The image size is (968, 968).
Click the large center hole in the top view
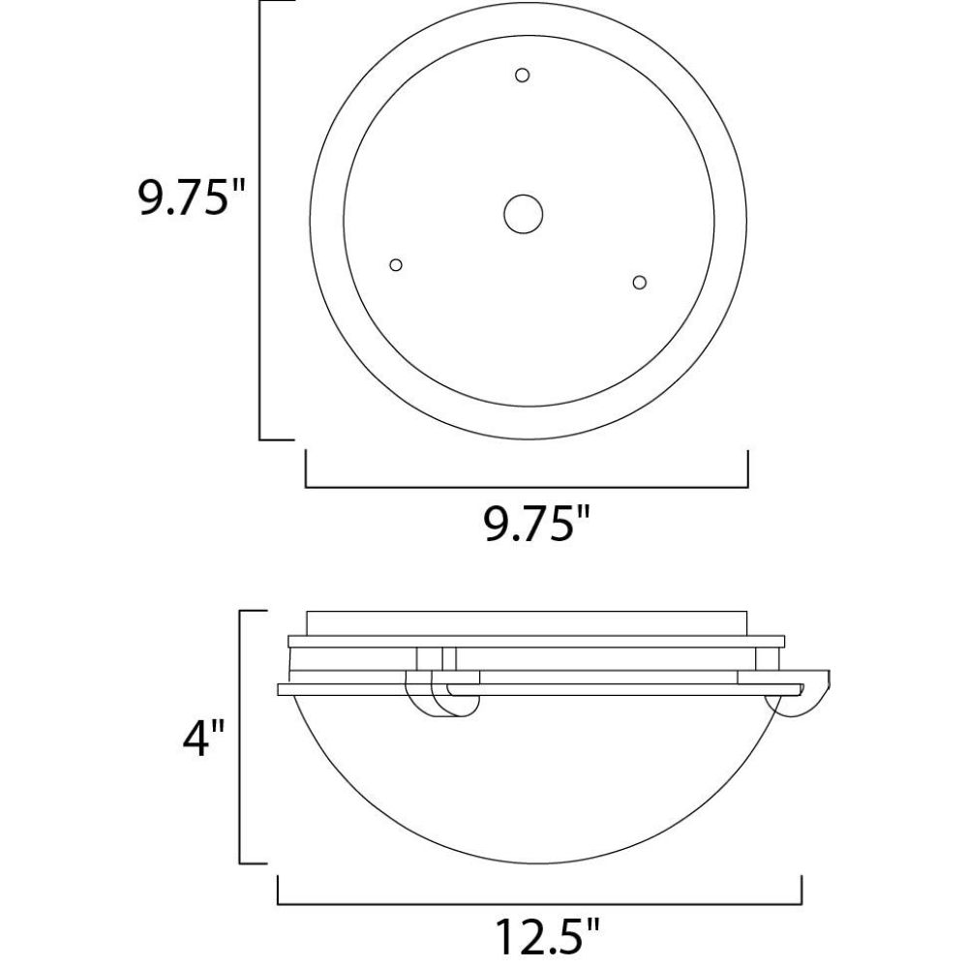tap(523, 214)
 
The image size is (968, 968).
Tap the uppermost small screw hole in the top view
tap(522, 76)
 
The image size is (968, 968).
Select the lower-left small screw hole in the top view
tap(396, 265)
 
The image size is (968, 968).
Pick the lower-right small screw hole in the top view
tap(640, 282)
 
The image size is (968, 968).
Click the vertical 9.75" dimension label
tap(192, 197)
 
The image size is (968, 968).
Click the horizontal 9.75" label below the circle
tap(537, 525)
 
